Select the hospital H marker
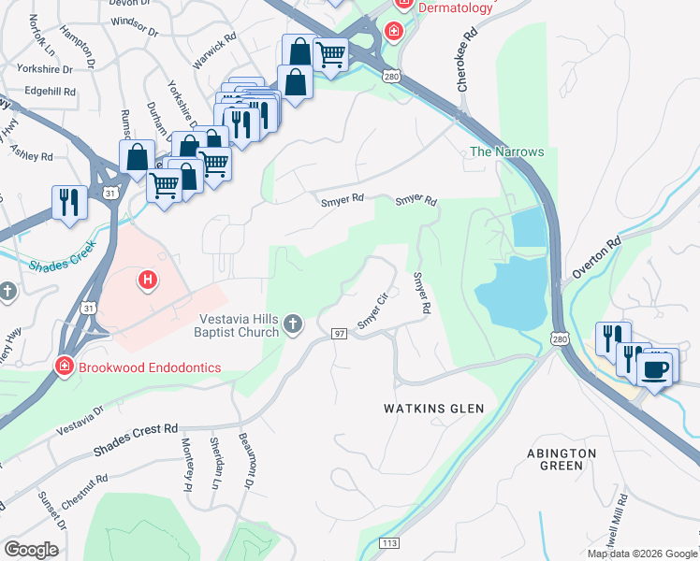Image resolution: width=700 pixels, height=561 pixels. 147,279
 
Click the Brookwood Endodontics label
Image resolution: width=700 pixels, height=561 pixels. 149,367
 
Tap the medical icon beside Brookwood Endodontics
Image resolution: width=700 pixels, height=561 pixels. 66,367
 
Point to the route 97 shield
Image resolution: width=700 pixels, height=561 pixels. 341,334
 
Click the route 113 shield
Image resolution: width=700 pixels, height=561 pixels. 389,543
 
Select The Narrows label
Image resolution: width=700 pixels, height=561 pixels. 506,151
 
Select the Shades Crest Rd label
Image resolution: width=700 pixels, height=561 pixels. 135,441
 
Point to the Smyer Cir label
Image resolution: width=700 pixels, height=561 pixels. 372,312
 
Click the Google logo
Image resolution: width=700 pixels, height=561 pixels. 31,549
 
